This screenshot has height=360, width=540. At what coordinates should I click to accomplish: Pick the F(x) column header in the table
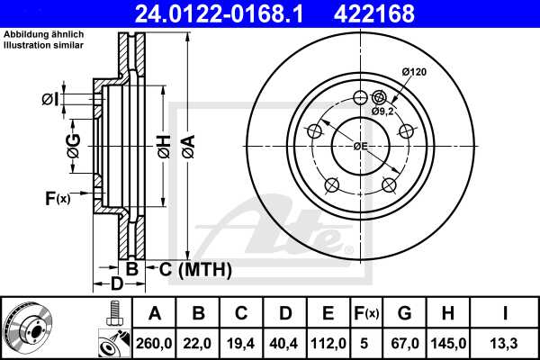coord(367,313)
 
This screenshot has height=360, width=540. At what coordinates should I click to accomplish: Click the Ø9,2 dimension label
coord(384,111)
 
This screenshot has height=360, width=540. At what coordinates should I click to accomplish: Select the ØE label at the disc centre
coord(359,145)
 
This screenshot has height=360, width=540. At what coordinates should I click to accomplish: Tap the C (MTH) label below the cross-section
coord(195,269)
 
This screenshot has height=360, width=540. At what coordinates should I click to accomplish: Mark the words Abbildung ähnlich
coord(34,34)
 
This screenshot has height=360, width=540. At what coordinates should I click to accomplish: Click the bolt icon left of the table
coord(113,313)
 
